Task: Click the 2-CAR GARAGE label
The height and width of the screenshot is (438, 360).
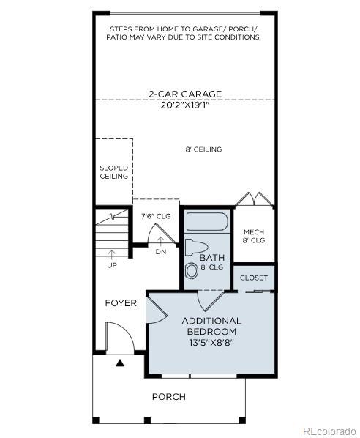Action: click(x=184, y=94)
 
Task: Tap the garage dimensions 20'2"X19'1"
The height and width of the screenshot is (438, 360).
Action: click(x=184, y=104)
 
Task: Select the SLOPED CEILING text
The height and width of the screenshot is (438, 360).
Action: click(x=113, y=172)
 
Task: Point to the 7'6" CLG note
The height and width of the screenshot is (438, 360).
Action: click(x=155, y=216)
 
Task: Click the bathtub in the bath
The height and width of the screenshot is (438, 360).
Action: click(x=206, y=222)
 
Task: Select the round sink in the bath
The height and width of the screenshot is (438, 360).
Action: click(x=192, y=270)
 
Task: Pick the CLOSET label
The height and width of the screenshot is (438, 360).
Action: click(x=254, y=278)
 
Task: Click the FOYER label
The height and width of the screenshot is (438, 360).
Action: click(x=121, y=303)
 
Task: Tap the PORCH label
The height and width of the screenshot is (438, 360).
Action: click(x=168, y=397)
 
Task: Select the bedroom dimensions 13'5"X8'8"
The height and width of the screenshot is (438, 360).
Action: click(x=211, y=342)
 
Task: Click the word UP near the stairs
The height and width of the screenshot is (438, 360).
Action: click(x=111, y=264)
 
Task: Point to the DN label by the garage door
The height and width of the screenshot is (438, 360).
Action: click(x=161, y=252)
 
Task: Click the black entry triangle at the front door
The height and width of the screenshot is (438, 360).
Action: click(x=120, y=363)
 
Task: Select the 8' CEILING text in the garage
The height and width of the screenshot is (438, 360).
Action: click(x=203, y=150)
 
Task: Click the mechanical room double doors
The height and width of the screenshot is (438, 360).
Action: click(x=254, y=199)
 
